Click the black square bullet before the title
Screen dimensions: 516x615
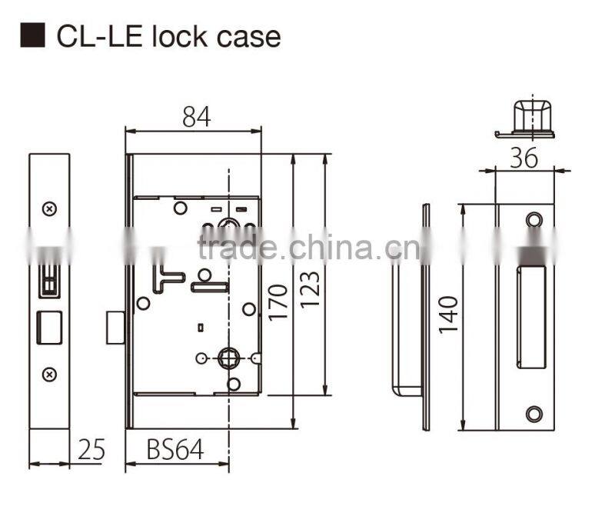coord(33,36)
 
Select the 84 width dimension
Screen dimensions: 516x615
coord(195,116)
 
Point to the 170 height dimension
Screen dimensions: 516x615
coord(278,304)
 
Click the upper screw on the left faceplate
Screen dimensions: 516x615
coord(49,208)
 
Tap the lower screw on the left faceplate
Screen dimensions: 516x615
coord(49,374)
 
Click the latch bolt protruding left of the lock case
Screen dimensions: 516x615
coord(115,328)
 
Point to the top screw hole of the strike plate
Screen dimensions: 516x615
coord(534,221)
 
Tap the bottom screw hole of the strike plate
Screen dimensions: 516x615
coord(534,413)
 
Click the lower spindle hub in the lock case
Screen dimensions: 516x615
coord(229,358)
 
